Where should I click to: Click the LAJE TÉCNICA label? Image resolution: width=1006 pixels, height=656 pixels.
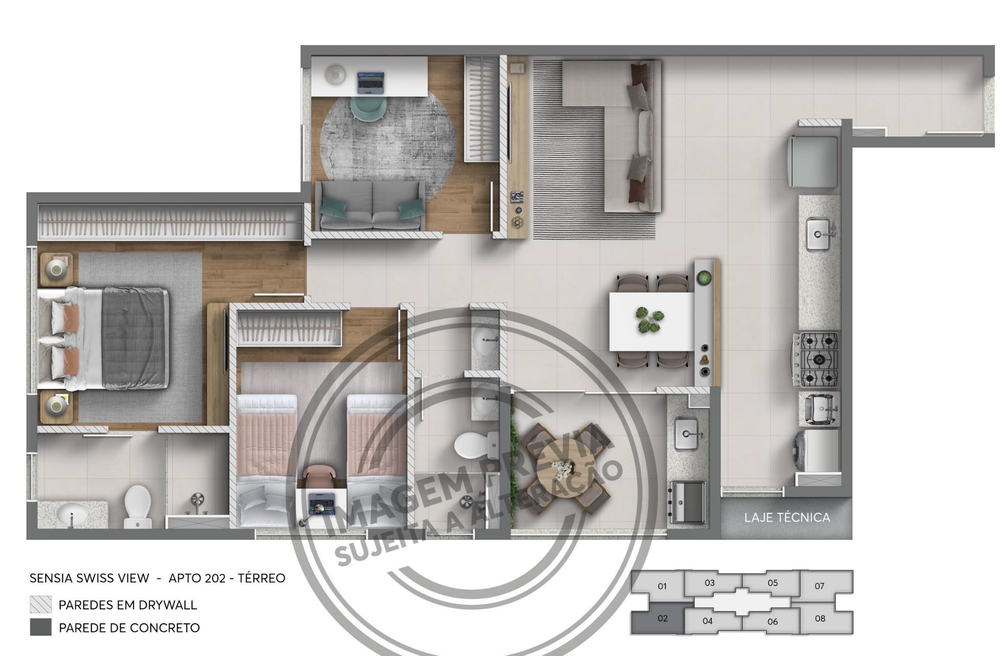tap(787, 517)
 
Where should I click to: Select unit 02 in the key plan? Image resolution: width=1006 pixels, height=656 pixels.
tap(662, 619)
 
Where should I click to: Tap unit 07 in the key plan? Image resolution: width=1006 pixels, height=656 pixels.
tap(819, 586)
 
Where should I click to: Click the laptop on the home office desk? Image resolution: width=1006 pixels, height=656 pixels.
tap(370, 82)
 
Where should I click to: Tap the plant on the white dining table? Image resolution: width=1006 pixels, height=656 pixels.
tap(650, 320)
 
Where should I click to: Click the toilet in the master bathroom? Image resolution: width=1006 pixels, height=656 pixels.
tap(138, 506)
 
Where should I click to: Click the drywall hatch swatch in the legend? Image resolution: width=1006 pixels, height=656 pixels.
tap(40, 604)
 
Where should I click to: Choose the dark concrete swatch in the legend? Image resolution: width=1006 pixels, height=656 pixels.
tap(40, 627)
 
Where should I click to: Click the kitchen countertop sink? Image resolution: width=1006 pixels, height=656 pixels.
tap(818, 234)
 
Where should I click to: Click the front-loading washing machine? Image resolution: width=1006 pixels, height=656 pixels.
tap(817, 450)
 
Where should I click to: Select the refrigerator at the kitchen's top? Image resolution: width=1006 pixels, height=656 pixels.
tap(814, 161)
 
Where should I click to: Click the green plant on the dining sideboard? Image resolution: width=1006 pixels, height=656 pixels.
tap(704, 278)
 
